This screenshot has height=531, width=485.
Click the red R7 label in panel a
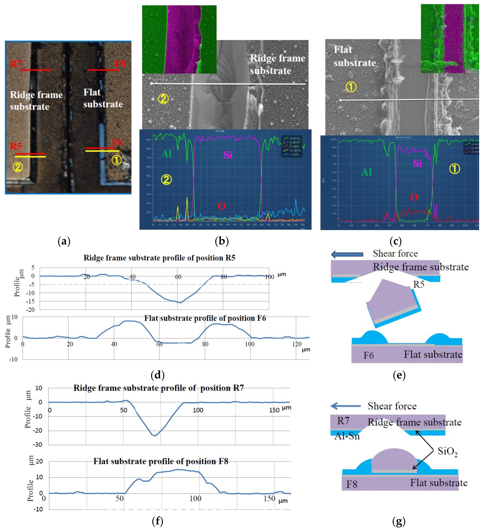(x=16, y=64)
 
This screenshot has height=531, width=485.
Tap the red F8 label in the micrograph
(x=120, y=64)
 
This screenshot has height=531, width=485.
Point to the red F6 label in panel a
(x=117, y=143)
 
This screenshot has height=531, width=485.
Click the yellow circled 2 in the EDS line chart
(x=166, y=180)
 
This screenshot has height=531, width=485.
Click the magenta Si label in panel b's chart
(x=228, y=155)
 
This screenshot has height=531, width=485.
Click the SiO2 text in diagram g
(x=448, y=452)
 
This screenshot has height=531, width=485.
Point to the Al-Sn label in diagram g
(x=347, y=436)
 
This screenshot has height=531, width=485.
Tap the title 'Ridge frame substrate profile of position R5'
(x=159, y=258)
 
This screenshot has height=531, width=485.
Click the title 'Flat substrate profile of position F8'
(x=161, y=461)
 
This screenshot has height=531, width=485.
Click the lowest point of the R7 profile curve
(x=155, y=436)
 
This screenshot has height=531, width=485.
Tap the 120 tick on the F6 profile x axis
(x=297, y=344)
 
